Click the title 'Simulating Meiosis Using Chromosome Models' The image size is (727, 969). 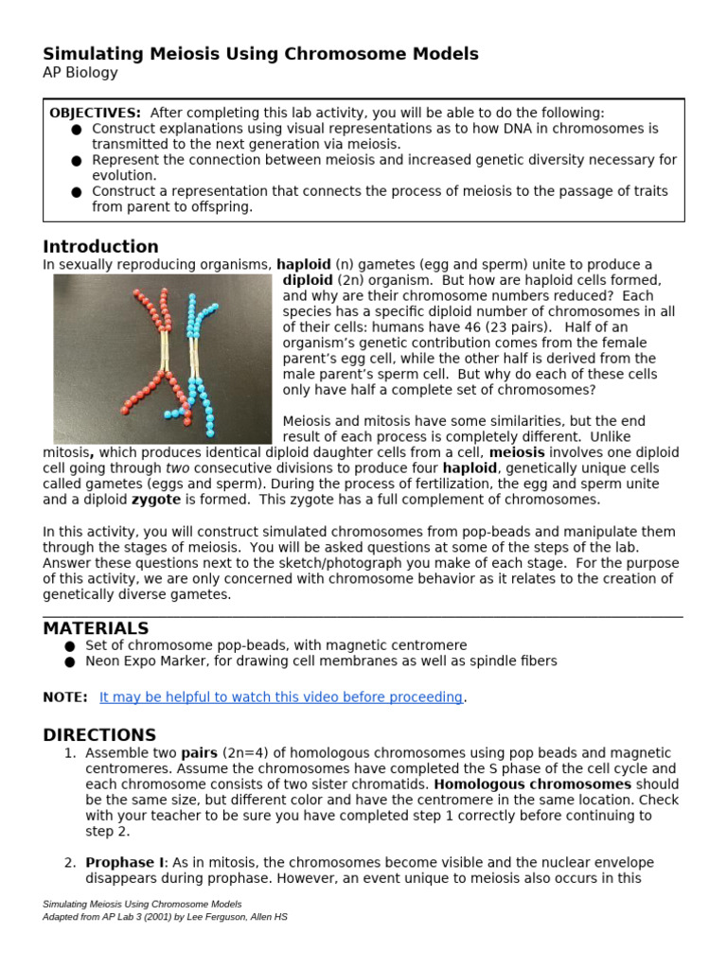point(260,54)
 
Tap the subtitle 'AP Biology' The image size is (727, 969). point(80,73)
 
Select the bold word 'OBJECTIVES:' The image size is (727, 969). point(96,113)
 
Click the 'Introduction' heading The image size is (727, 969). point(100,247)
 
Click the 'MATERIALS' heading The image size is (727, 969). point(96,628)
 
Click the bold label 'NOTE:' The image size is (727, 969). point(65,697)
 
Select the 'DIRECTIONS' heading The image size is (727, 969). point(99,735)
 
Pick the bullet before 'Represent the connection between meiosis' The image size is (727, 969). point(77,161)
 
